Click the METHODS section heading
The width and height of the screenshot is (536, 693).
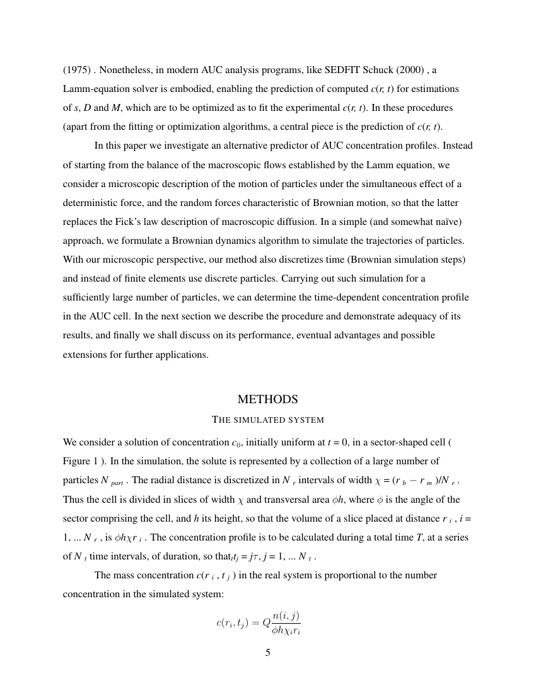267,399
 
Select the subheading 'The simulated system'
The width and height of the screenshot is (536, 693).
267,420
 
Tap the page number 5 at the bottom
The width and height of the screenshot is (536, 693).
267,653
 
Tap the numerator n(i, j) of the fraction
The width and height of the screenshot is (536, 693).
286,616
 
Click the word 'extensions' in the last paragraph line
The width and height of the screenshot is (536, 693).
84,354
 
